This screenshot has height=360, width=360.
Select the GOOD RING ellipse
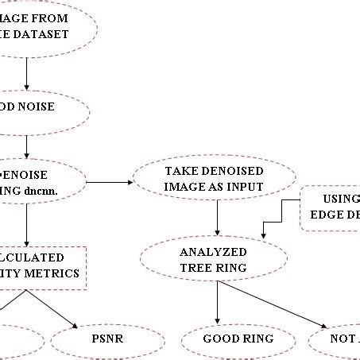[x=238, y=340]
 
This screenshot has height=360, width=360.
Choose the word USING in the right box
[x=341, y=199]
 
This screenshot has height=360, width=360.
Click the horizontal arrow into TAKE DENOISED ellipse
[x=110, y=182]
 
